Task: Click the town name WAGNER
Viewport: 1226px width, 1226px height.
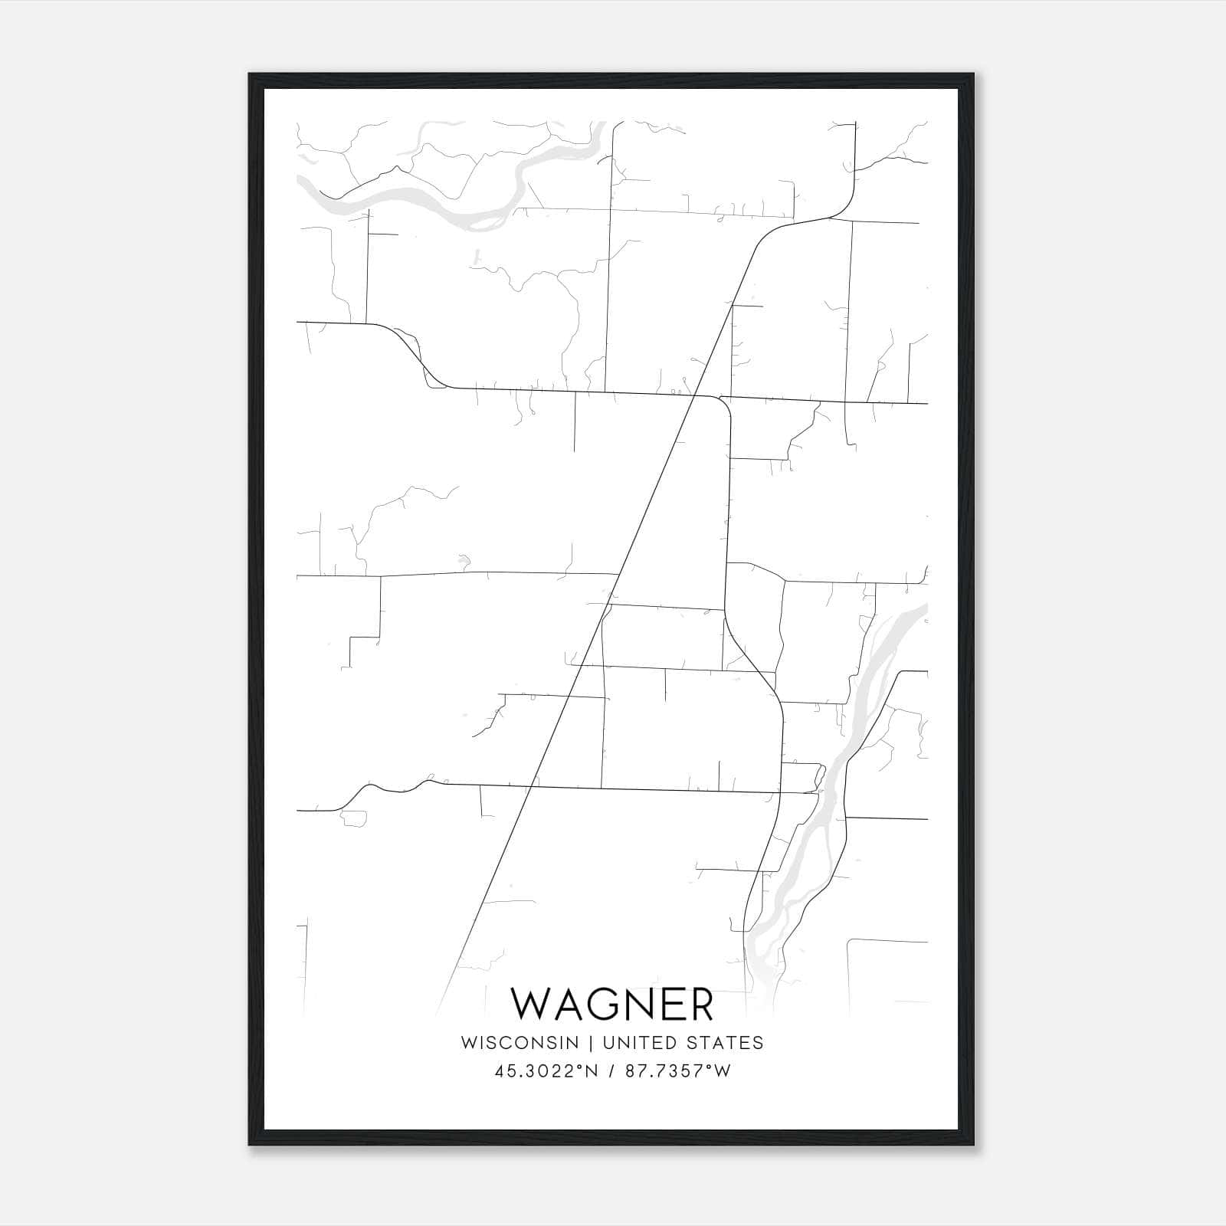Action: tap(611, 1005)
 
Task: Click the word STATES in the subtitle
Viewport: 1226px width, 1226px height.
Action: tap(725, 1043)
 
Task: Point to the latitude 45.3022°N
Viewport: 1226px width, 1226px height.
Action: tap(543, 1071)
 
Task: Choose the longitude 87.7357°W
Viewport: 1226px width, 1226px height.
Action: tap(678, 1071)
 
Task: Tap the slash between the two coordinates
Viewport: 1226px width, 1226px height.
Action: tap(610, 1071)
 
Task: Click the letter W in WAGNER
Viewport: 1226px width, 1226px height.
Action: tap(530, 1005)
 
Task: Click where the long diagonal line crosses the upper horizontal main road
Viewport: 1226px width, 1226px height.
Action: tap(694, 395)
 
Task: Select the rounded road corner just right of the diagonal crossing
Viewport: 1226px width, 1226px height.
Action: tap(723, 404)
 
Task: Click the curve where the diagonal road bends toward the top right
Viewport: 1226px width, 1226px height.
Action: tap(766, 234)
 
